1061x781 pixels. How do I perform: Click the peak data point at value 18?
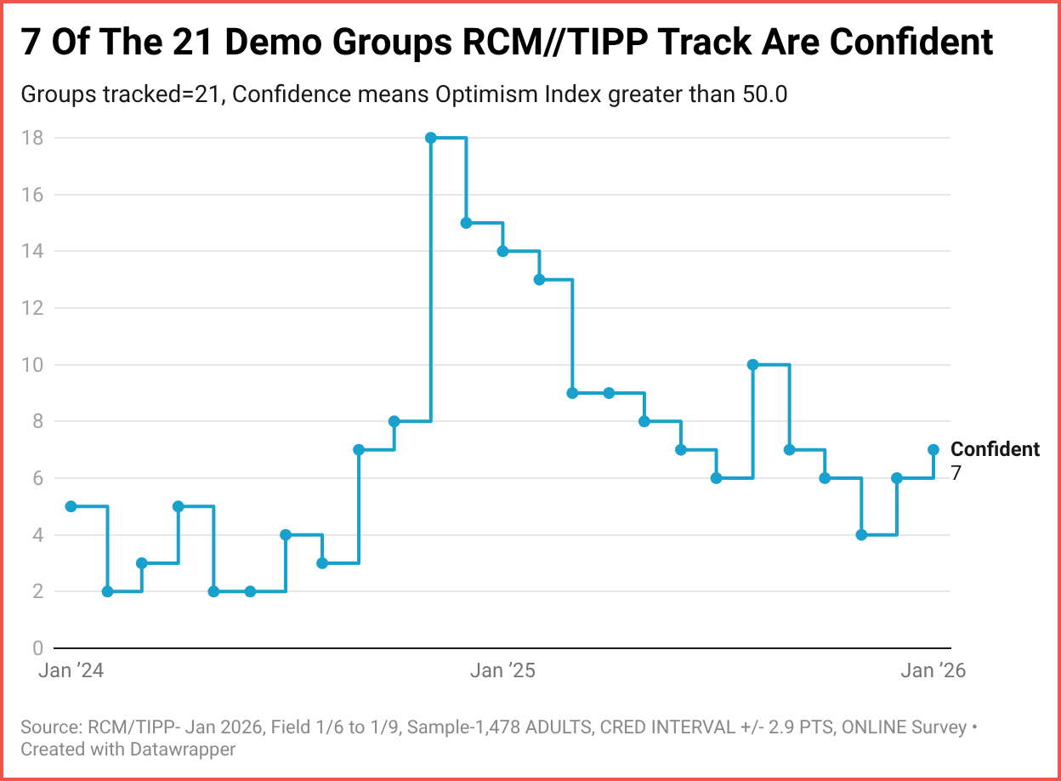[430, 138]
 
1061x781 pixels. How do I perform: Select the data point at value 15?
[466, 223]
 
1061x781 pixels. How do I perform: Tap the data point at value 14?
[502, 251]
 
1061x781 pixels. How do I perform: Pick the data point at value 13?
[539, 280]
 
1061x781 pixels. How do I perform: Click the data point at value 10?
[752, 365]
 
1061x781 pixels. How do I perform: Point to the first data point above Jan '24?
[71, 506]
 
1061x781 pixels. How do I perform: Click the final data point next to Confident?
[933, 449]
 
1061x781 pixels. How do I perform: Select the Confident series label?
[995, 449]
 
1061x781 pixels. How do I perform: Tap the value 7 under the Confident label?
[956, 474]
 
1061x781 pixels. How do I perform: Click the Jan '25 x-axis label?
[502, 670]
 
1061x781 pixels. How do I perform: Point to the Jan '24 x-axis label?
[71, 670]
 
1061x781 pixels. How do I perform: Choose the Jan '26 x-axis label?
[933, 670]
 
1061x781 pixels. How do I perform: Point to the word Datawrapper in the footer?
[183, 749]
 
